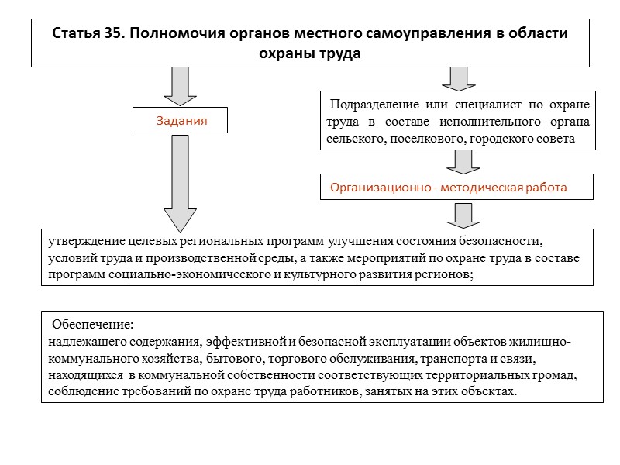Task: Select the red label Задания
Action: [x=181, y=121]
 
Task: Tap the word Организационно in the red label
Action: [x=380, y=188]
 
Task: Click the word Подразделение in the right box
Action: [x=374, y=105]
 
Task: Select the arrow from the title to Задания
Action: [x=181, y=84]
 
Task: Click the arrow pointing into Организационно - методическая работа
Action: [x=463, y=161]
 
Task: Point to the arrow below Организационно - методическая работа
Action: [x=463, y=215]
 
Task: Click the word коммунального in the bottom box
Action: [x=90, y=360]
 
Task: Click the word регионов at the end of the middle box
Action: [x=443, y=275]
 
